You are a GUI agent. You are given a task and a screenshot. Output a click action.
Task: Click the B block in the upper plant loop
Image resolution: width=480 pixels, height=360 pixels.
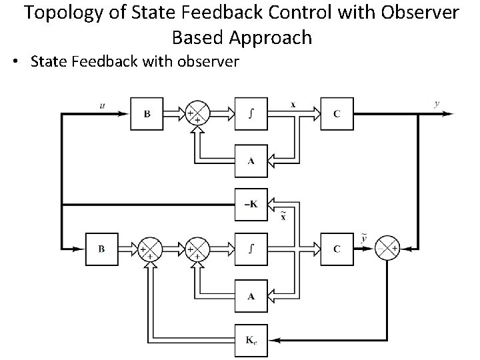point(147,114)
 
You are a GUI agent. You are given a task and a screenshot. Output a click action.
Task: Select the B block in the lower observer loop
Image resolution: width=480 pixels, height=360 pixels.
point(101,249)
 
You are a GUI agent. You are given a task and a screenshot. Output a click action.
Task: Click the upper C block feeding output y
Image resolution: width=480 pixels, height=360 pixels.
point(337,114)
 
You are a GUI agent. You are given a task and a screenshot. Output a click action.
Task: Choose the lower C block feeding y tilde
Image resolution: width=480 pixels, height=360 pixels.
point(337,249)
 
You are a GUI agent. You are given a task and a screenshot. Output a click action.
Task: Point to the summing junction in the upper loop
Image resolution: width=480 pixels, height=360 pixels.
point(196,114)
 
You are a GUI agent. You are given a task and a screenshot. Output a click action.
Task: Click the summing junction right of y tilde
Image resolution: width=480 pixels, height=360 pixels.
point(388,249)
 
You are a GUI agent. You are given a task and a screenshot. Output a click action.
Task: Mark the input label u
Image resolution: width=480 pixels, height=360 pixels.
point(101,105)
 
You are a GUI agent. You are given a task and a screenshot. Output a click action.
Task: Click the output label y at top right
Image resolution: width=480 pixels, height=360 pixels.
point(436,104)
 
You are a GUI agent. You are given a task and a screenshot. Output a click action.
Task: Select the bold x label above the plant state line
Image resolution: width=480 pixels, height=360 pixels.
point(293,105)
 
